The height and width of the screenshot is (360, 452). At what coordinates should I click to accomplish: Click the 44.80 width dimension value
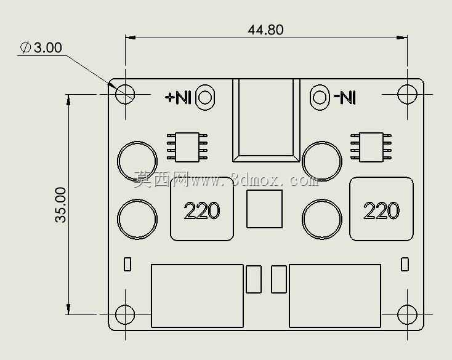point(265,30)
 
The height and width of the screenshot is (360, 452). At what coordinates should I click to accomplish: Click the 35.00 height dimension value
point(60,205)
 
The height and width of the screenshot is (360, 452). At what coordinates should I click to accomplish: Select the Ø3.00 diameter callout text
point(41,47)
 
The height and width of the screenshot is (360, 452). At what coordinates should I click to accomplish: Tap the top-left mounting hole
point(125,94)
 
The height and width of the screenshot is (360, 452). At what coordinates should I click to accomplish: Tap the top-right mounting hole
point(407,94)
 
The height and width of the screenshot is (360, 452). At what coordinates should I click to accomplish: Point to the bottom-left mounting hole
point(125,314)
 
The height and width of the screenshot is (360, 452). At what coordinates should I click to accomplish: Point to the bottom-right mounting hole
point(407,314)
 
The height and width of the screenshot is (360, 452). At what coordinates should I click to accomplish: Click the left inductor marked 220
point(202,209)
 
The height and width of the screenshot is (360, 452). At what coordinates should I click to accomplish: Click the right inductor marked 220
point(381,209)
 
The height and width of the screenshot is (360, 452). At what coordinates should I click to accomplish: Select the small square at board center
point(264,209)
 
